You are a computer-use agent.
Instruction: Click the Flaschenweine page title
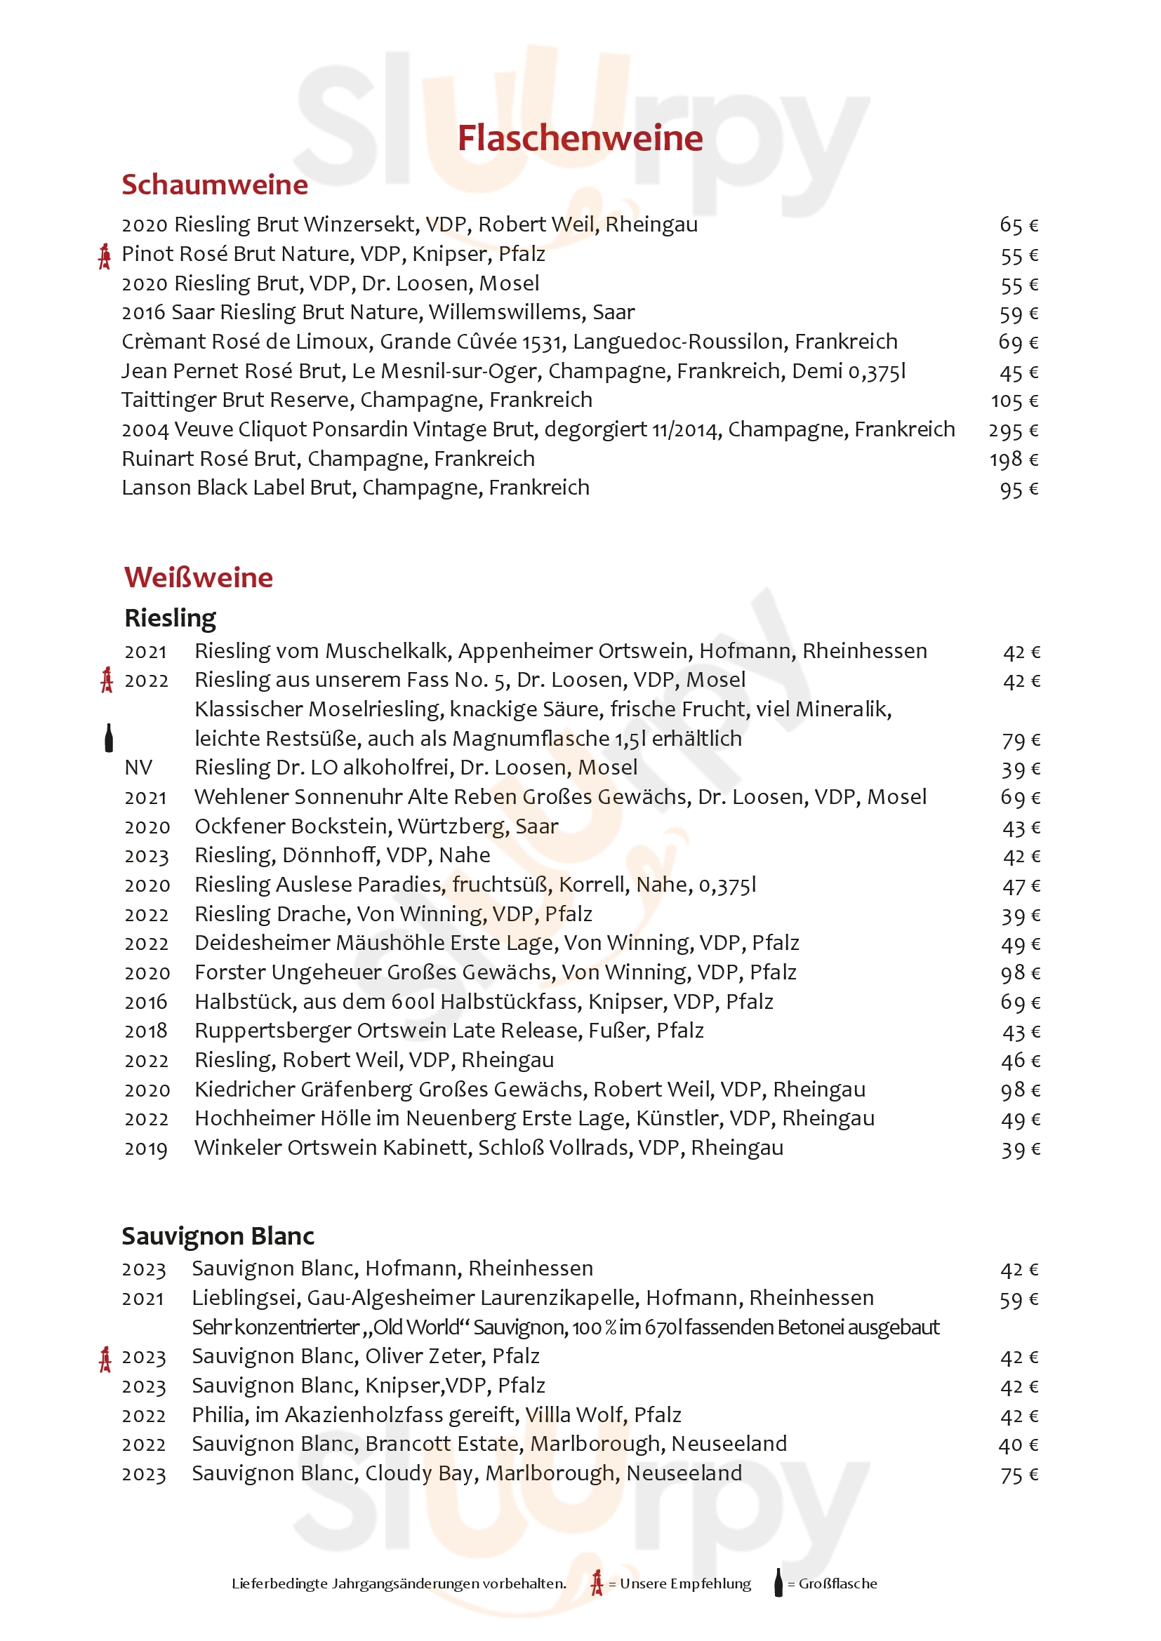pyautogui.click(x=580, y=138)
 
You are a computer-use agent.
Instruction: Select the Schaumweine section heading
pyautogui.click(x=215, y=185)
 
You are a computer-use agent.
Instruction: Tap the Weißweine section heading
pyautogui.click(x=199, y=577)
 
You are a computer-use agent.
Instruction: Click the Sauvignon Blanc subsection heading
pyautogui.click(x=218, y=1235)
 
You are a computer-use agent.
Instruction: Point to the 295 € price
pyautogui.click(x=1013, y=430)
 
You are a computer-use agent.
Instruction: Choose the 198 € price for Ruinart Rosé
pyautogui.click(x=1013, y=460)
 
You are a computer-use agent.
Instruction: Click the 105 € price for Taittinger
pyautogui.click(x=1014, y=401)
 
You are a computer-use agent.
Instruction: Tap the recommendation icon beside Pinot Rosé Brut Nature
pyautogui.click(x=105, y=256)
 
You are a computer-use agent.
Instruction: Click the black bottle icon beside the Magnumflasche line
pyautogui.click(x=109, y=737)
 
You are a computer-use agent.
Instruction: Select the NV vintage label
pyautogui.click(x=138, y=768)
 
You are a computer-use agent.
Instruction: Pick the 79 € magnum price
pyautogui.click(x=1020, y=740)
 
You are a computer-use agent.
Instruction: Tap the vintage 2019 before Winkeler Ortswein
pyautogui.click(x=146, y=1148)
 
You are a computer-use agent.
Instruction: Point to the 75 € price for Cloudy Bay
pyautogui.click(x=1019, y=1475)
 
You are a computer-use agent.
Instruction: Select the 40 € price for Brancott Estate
pyautogui.click(x=1018, y=1445)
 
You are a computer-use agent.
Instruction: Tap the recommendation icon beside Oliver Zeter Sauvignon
pyautogui.click(x=105, y=1359)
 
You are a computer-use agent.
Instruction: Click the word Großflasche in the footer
pyautogui.click(x=837, y=1583)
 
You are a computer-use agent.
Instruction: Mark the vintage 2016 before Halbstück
pyautogui.click(x=146, y=1002)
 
